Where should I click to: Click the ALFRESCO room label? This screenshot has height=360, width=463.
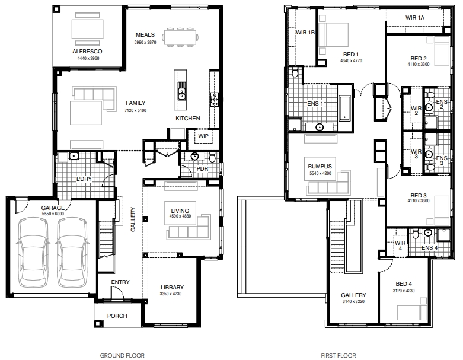coord(87,52)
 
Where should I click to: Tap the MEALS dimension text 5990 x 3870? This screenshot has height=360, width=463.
coord(145,42)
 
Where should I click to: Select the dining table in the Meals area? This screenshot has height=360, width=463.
coord(180,37)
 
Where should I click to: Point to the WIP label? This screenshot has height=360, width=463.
coord(203,136)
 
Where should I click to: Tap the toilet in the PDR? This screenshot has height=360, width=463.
coord(212,158)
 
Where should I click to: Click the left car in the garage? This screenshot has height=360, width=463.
coord(33,252)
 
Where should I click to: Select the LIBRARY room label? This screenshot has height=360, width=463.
coord(172,288)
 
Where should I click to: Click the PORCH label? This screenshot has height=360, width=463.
coord(117,316)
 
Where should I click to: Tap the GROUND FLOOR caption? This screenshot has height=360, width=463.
coord(122,356)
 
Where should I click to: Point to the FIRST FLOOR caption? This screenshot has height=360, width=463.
coord(339,356)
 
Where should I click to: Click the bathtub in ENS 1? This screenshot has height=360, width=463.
coord(344,108)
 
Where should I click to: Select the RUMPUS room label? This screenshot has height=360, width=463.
coord(320,167)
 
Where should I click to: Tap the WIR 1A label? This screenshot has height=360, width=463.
coord(415,18)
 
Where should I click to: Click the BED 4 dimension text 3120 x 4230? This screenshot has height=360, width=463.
coord(404,291)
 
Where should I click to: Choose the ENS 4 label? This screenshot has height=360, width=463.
coord(430,248)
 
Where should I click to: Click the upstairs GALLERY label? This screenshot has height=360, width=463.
coord(353,295)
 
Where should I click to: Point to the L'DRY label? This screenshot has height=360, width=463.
coord(84,179)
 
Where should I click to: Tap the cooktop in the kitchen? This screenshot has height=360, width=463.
coord(215,99)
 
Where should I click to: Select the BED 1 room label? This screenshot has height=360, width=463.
coord(351,55)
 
